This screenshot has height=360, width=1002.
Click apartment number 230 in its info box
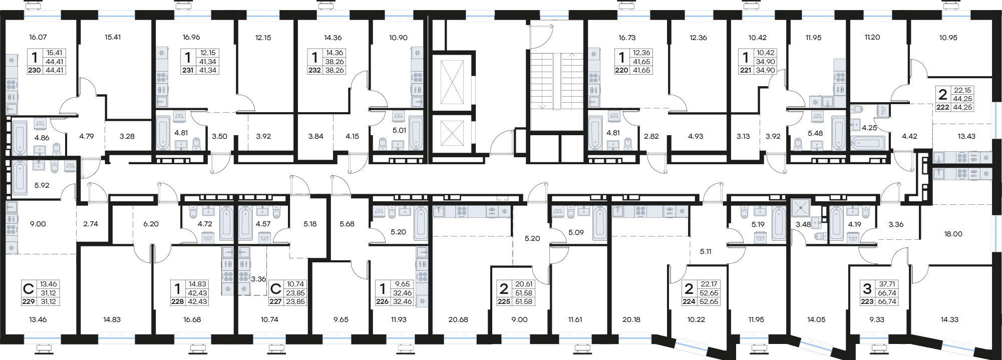click(34, 71)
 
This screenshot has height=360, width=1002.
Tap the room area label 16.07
click(38, 37)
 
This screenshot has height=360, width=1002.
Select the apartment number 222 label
click(943, 107)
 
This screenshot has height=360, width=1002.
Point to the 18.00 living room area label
click(953, 234)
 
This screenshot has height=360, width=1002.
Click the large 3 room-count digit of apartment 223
click(867, 288)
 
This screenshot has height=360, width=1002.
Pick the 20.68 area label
click(458, 319)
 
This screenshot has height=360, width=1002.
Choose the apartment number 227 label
click(275, 302)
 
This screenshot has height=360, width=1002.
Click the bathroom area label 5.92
click(42, 185)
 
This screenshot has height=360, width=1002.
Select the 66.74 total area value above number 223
click(887, 293)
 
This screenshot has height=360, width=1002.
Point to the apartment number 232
click(314, 71)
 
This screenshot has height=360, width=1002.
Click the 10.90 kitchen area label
click(398, 38)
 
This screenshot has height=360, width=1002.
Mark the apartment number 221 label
click(745, 71)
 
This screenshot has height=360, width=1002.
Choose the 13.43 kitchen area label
click(966, 136)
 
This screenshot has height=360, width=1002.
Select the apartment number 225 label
click(504, 302)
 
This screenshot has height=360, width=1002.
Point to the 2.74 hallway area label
click(91, 224)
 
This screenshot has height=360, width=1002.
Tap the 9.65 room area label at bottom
click(341, 319)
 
